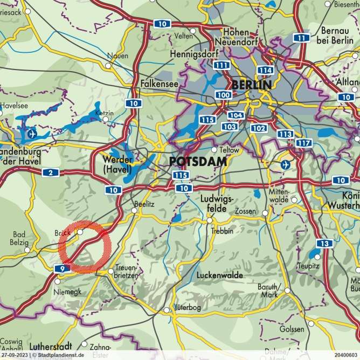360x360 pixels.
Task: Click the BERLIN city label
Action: (251, 85)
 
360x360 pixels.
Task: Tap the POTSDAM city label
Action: (197, 162)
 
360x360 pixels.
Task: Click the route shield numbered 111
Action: (220, 65)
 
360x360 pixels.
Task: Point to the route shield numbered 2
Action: (50, 172)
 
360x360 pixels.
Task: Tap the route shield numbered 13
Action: (322, 244)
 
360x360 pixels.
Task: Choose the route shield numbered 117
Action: (304, 143)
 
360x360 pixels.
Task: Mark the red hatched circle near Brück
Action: (85, 247)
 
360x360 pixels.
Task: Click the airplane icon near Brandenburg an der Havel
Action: (31, 132)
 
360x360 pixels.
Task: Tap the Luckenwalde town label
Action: (220, 275)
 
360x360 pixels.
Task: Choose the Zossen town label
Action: (246, 211)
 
